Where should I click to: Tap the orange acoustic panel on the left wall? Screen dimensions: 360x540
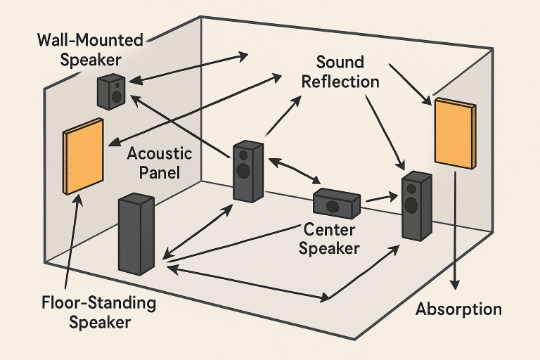[84, 156]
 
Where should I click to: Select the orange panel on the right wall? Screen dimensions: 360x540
[455, 133]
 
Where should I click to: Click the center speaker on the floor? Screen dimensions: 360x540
[336, 202]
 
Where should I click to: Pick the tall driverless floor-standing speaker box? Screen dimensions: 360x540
[136, 233]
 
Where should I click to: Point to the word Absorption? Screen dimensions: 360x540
[459, 309]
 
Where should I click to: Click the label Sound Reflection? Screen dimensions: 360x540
[340, 71]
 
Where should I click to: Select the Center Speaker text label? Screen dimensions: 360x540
[330, 239]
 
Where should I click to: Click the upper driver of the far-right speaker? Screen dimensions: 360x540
[411, 188]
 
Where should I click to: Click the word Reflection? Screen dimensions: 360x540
[340, 82]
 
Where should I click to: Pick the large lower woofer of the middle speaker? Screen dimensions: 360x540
[243, 170]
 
